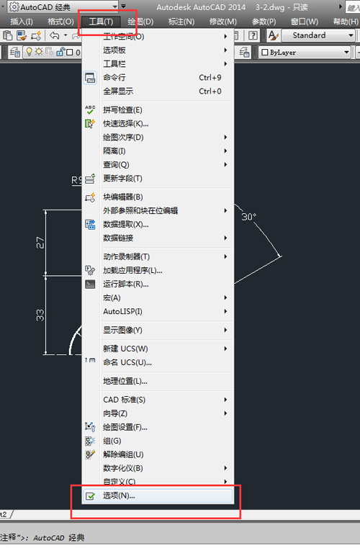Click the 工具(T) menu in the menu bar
[x=100, y=22]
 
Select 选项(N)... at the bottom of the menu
[x=119, y=496]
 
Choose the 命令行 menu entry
[x=114, y=78]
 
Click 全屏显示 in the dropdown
[x=118, y=91]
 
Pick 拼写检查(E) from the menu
[x=122, y=109]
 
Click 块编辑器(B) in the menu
[x=123, y=197]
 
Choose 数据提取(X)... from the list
[x=126, y=224]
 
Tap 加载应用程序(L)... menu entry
[x=132, y=270]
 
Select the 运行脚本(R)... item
[x=126, y=284]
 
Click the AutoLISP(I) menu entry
[x=122, y=311]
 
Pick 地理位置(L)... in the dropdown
[x=125, y=381]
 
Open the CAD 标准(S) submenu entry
[x=124, y=400]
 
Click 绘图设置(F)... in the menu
[x=125, y=427]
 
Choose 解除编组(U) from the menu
[x=123, y=454]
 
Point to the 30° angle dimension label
[x=249, y=216]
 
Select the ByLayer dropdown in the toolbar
[x=306, y=53]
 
